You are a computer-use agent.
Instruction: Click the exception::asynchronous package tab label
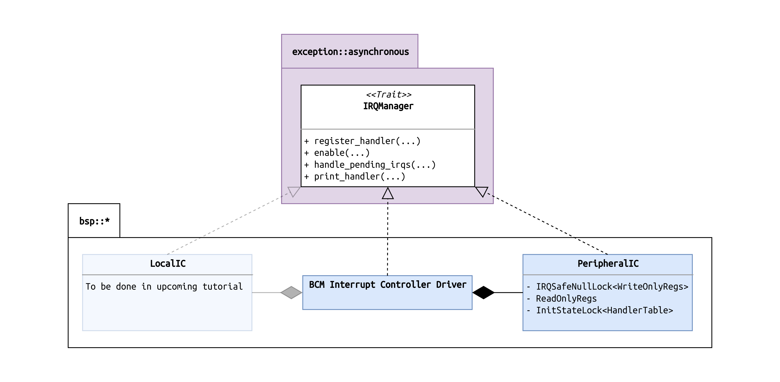350,52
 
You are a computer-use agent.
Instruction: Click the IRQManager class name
388,106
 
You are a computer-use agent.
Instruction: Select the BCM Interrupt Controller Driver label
388,285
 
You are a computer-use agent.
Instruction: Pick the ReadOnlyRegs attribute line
566,298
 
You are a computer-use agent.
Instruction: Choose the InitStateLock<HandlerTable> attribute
604,310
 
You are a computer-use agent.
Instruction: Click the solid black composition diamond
483,292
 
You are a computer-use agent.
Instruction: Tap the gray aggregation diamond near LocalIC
291,292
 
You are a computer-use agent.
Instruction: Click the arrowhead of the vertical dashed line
388,194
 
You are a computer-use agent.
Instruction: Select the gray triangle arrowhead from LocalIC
293,191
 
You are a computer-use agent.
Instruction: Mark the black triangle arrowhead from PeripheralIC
482,191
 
